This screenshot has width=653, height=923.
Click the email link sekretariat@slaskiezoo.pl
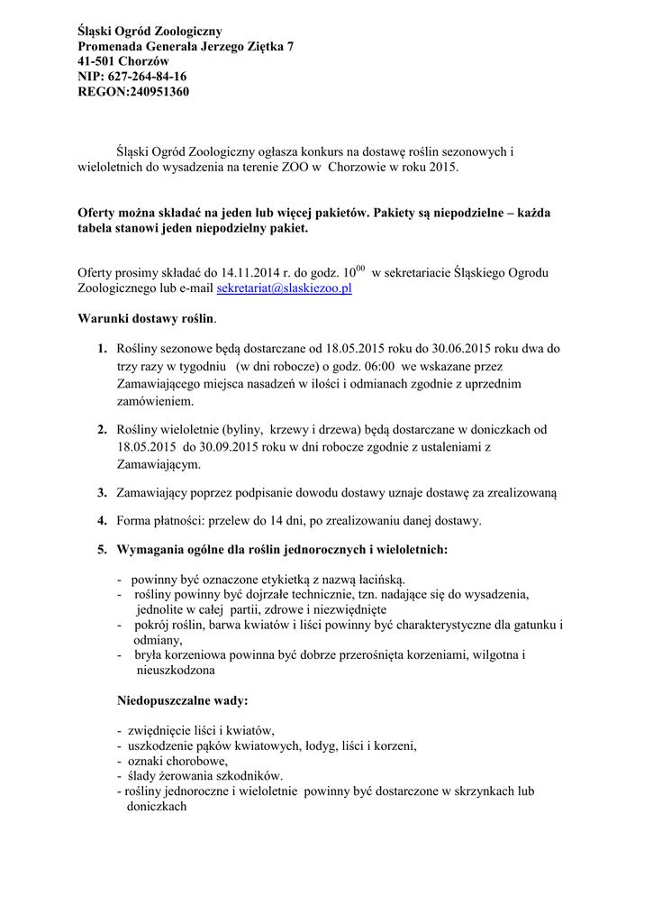[284, 288]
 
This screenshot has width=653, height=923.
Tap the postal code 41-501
[97, 61]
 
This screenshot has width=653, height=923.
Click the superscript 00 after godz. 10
[358, 269]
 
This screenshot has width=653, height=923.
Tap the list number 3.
[102, 493]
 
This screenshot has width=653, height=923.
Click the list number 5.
[102, 549]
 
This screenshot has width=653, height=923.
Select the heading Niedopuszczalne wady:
[183, 700]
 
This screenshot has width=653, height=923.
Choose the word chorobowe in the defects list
[187, 761]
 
